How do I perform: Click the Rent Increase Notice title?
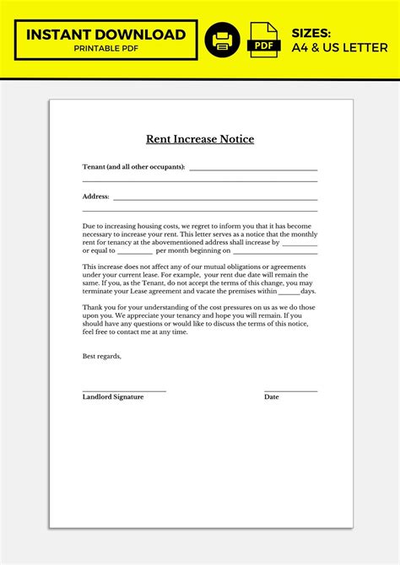pos(200,139)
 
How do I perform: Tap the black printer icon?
pos(223,40)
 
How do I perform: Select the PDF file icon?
pos(264,40)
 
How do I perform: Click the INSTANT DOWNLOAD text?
pos(105,34)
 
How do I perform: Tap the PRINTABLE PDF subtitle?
pos(105,49)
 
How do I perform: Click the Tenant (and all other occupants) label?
pos(133,167)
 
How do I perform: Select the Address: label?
pos(95,196)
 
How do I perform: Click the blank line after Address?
pos(215,199)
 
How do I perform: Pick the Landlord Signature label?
pos(113,396)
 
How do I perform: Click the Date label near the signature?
pos(271,396)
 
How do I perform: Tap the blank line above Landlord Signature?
pos(124,390)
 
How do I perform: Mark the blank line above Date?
pos(290,390)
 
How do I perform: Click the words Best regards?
pos(102,356)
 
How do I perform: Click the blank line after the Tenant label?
pos(253,169)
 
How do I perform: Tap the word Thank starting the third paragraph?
pos(92,307)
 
